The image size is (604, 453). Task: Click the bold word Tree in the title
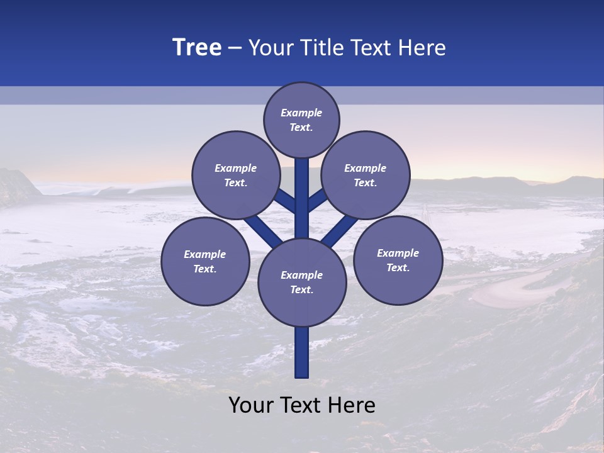(197, 48)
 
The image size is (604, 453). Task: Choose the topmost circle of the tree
(301, 120)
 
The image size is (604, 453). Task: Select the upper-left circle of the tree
(235, 175)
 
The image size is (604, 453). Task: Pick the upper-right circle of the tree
(365, 175)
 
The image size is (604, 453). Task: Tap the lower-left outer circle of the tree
(205, 261)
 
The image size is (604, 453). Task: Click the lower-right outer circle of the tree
(398, 260)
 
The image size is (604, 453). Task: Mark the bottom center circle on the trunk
(302, 282)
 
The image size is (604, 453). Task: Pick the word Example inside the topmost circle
(301, 113)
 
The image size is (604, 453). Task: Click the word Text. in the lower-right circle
(398, 267)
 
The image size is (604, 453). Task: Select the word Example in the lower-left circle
(205, 255)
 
